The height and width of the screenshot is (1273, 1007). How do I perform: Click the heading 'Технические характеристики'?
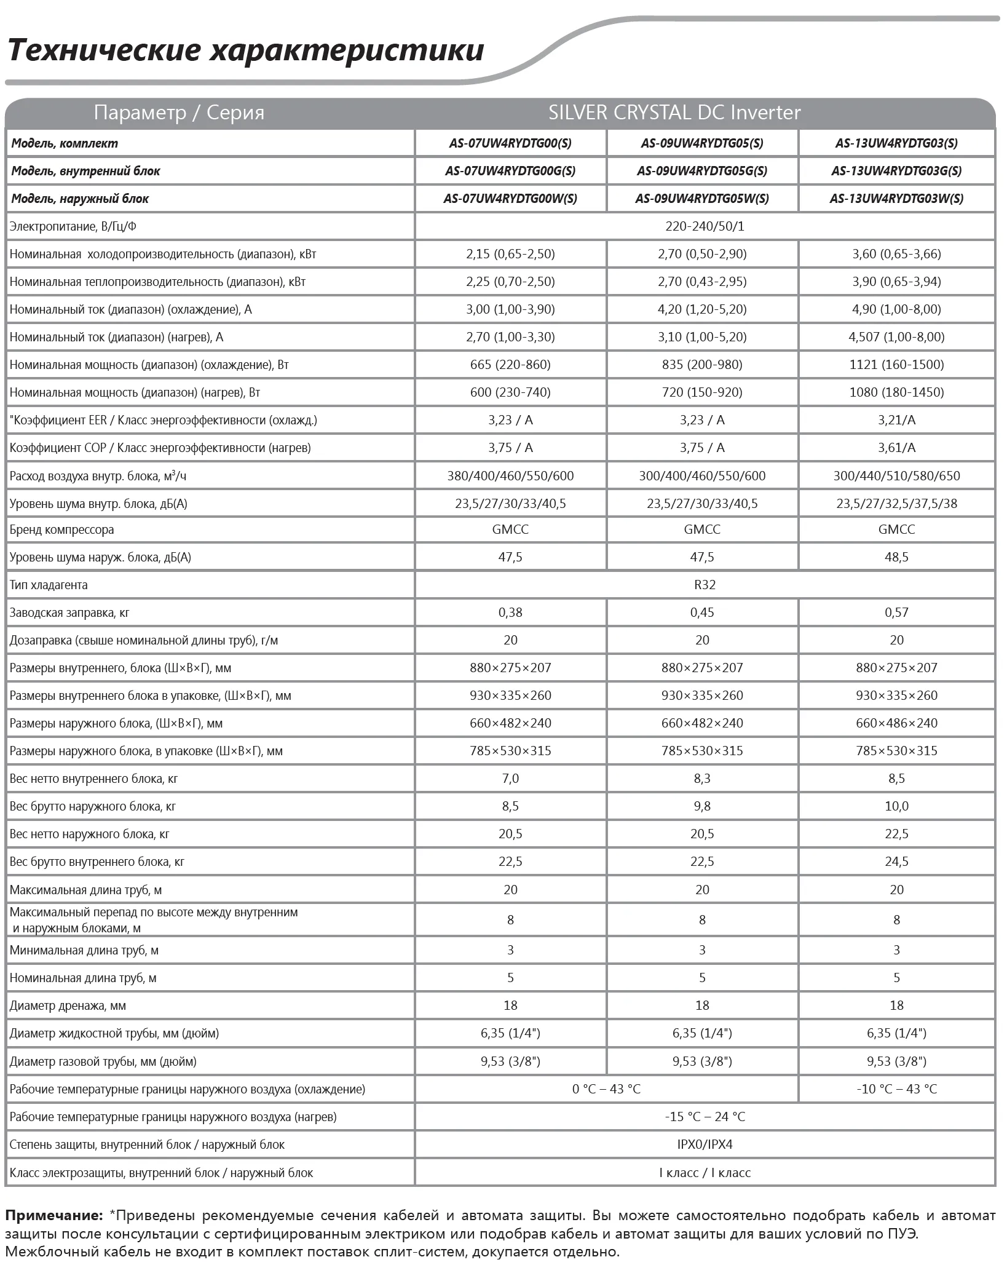(x=246, y=50)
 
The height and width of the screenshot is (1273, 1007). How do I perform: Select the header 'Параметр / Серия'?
(x=179, y=113)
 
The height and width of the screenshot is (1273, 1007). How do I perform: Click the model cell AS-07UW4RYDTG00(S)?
(x=510, y=143)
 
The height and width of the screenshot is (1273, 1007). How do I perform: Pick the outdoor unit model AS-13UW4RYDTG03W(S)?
(x=896, y=199)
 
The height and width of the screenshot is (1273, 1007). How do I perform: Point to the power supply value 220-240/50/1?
(x=705, y=226)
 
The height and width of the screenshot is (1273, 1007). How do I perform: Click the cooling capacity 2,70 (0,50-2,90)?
(x=702, y=254)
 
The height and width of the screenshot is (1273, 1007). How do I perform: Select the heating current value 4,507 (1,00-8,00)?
(x=896, y=337)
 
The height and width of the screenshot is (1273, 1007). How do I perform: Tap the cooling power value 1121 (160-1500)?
(x=896, y=365)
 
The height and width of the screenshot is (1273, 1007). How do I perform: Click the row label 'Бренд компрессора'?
(x=61, y=529)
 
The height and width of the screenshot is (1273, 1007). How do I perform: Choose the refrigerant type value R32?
(x=705, y=585)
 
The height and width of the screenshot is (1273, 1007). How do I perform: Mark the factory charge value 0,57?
(x=896, y=613)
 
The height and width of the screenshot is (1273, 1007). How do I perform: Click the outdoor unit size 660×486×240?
(x=896, y=723)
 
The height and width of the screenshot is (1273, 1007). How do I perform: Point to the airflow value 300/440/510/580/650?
(x=896, y=476)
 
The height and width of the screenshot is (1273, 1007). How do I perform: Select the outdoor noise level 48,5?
(x=896, y=557)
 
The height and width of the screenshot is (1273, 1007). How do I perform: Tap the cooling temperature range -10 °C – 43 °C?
(x=896, y=1089)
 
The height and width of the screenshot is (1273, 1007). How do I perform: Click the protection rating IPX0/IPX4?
(x=705, y=1144)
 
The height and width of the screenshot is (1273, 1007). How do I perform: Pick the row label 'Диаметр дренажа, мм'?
(x=68, y=1006)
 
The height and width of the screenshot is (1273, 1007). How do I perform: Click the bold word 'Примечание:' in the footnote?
(x=54, y=1215)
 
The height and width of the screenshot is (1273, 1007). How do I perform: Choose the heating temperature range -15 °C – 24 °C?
(x=705, y=1117)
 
